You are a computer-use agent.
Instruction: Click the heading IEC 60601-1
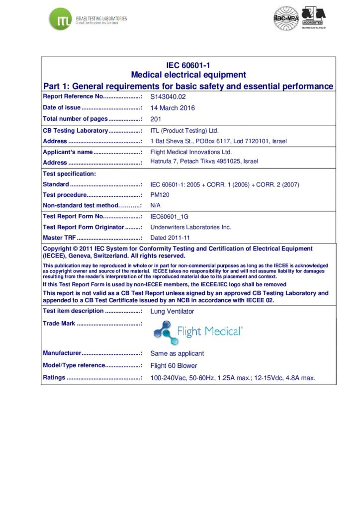[188, 65]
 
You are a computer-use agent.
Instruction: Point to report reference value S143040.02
[168, 97]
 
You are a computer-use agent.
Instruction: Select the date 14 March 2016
[173, 108]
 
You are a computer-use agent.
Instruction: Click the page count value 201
[156, 119]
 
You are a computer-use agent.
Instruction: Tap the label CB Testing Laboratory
[75, 131]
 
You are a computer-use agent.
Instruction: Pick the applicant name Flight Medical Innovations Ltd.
[191, 152]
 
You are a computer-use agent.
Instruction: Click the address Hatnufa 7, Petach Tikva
[204, 162]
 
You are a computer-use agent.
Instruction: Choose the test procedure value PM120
[160, 195]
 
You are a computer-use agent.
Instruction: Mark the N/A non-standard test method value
[156, 205]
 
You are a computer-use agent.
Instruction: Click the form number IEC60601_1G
[170, 217]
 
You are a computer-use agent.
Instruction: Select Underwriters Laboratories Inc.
[190, 227]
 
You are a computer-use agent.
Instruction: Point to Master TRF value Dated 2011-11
[170, 238]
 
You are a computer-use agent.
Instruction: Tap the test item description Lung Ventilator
[172, 311]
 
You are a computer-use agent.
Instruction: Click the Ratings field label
[54, 378]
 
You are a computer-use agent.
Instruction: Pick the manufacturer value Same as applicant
[177, 353]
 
